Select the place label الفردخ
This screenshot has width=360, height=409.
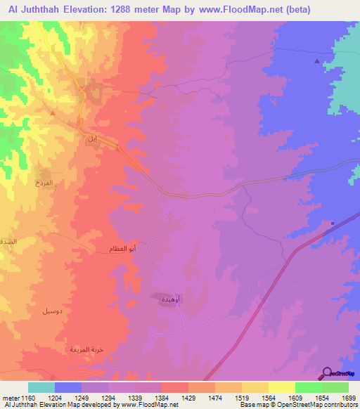click(x=44, y=182)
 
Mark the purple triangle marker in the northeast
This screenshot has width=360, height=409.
click(x=317, y=61)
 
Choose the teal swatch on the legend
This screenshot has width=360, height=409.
click(x=41, y=388)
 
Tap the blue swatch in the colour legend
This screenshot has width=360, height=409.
click(x=68, y=388)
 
